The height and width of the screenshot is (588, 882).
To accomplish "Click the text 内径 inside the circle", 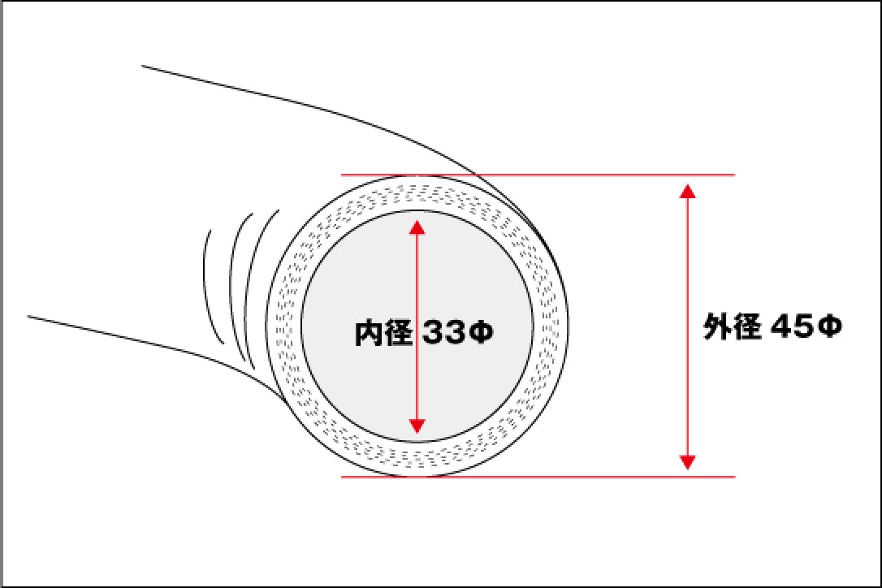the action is click(383, 332).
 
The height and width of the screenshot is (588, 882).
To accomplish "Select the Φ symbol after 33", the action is click(481, 333).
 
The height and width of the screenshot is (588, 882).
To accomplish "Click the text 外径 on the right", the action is click(733, 326).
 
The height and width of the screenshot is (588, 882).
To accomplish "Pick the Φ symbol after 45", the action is click(830, 327).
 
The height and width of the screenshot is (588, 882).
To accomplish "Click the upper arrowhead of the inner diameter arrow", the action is click(417, 227).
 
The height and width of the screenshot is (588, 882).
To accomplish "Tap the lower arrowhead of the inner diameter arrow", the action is click(417, 426).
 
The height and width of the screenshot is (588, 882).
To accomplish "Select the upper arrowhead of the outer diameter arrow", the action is click(687, 191).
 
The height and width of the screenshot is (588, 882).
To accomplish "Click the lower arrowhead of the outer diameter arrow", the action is click(687, 462).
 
